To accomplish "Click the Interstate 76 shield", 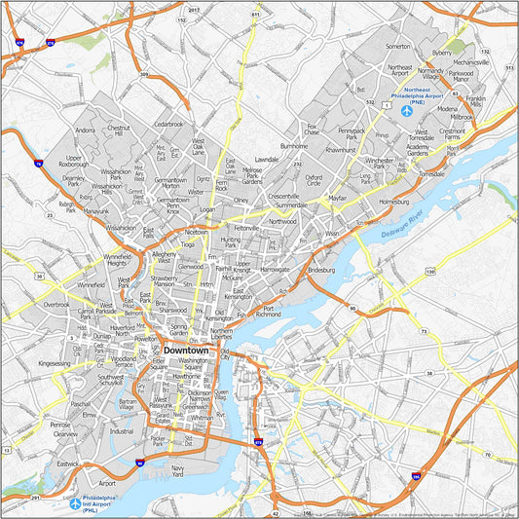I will pos(37,166).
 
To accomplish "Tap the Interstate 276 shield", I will pos(50,43).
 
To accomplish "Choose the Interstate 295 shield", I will pos(416,478).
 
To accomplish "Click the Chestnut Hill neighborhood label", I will pos(118,130).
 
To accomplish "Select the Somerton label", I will pos(397,45).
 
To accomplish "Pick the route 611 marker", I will pos(254,16).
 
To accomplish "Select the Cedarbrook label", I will pos(168,125).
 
